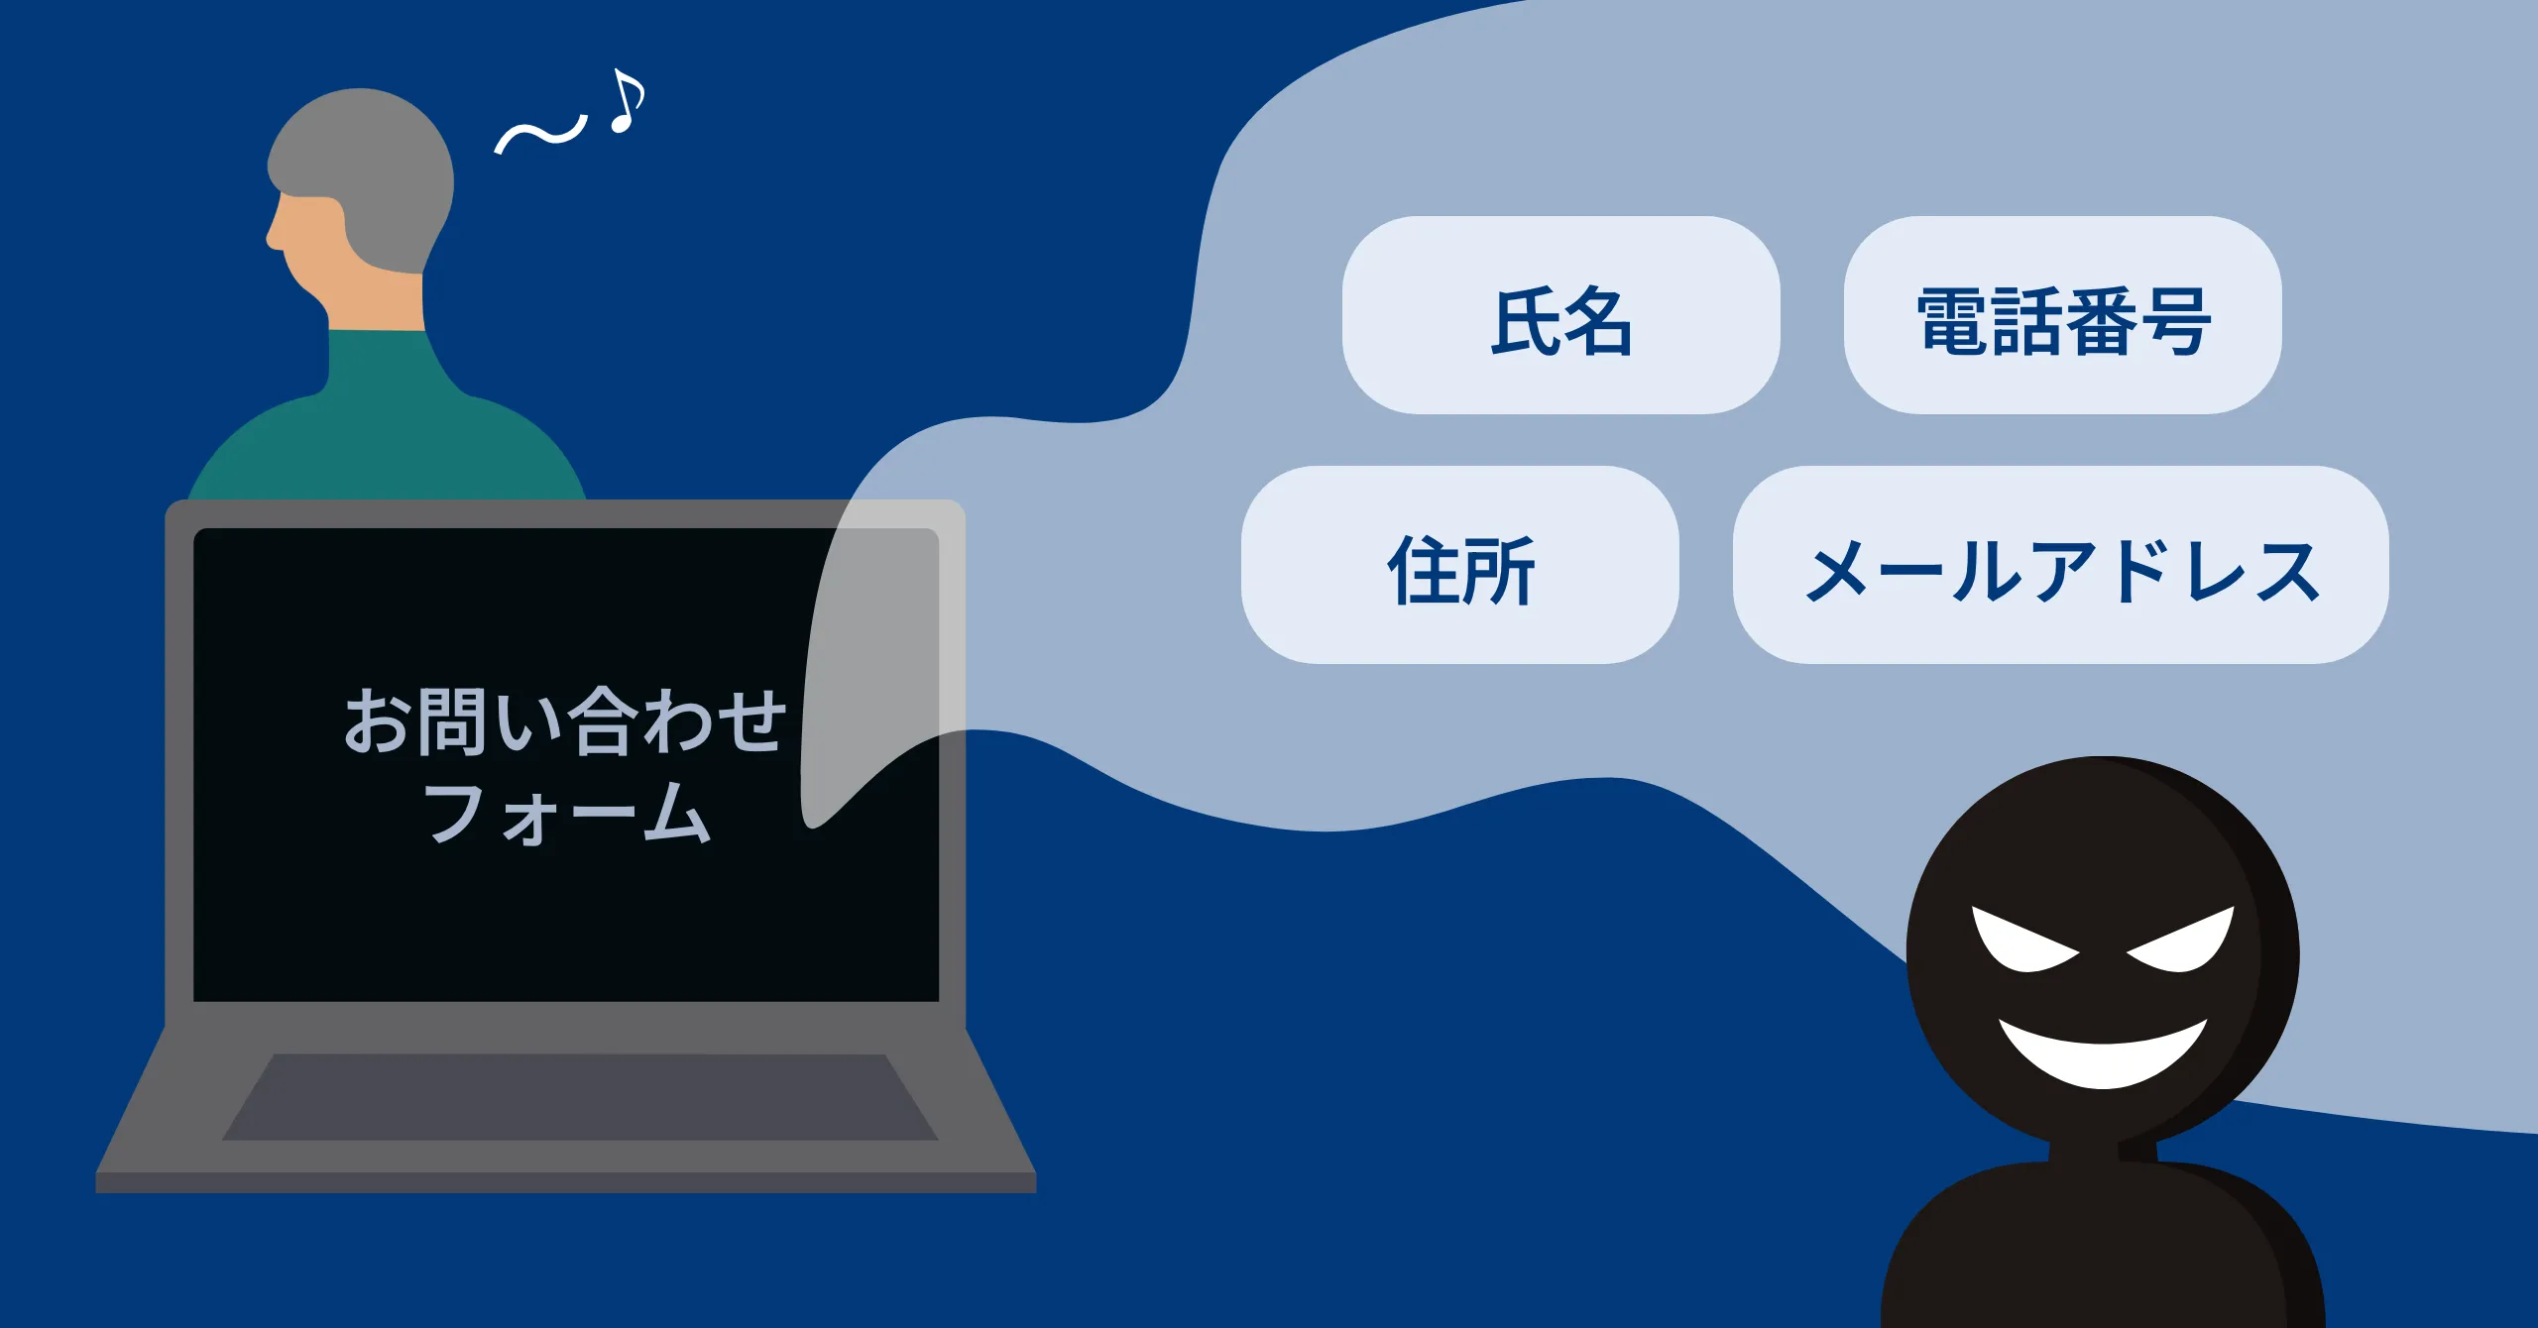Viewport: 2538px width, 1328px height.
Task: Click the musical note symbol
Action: click(x=627, y=101)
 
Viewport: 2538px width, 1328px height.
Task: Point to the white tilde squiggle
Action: click(x=541, y=135)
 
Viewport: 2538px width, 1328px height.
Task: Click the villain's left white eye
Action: click(x=2022, y=941)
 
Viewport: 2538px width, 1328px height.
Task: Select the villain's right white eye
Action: click(x=2181, y=941)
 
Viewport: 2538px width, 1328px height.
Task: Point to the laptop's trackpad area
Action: click(x=580, y=1097)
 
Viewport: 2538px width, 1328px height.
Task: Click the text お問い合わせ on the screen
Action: click(x=565, y=720)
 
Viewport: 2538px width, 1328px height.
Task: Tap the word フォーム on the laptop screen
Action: click(x=567, y=813)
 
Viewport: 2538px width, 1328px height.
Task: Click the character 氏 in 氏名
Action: click(x=1526, y=321)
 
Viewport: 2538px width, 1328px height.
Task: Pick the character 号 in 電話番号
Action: click(x=2174, y=321)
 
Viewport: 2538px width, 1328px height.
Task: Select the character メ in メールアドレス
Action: click(x=1839, y=571)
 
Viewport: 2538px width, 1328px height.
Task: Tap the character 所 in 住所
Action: click(x=1498, y=571)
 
